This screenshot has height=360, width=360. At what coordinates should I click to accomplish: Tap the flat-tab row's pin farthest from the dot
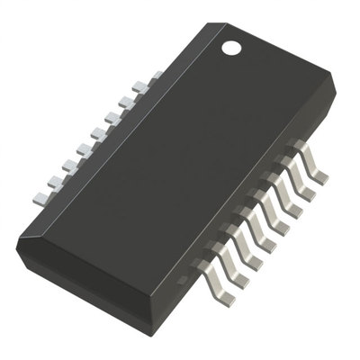(40, 197)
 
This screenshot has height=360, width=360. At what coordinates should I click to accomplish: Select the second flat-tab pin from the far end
(54, 181)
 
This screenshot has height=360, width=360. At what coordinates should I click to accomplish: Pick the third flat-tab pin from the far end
(68, 165)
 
